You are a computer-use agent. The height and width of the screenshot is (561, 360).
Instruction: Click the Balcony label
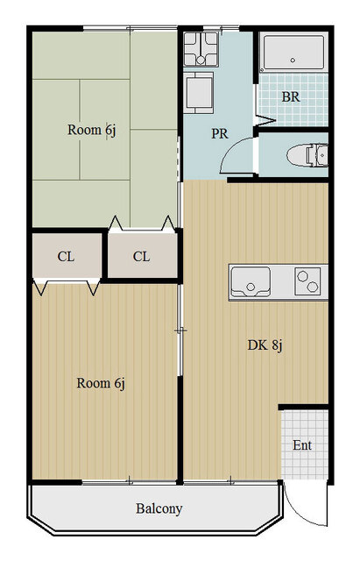159,508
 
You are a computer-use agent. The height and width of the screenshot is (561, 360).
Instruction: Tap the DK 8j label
265,345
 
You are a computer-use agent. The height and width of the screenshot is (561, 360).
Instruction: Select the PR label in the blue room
220,133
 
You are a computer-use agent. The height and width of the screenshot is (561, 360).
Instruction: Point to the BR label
291,97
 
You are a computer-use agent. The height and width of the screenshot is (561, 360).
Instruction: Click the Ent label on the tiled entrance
302,445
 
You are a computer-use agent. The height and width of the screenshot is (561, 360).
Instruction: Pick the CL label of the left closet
67,257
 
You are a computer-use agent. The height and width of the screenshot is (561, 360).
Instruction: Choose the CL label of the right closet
141,257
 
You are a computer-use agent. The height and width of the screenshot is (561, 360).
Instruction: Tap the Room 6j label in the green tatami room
92,130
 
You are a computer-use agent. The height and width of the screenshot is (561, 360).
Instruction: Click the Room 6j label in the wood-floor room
101,383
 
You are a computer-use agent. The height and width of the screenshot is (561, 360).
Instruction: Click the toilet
307,155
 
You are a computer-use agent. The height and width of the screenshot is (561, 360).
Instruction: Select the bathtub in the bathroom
293,53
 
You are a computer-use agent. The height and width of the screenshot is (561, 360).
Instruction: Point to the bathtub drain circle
293,60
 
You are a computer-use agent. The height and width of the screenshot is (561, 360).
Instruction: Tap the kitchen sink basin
251,282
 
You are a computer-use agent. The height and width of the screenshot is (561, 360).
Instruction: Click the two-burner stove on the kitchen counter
307,281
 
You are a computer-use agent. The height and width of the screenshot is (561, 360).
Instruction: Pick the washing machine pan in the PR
201,49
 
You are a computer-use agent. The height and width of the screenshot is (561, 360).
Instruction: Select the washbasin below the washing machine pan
199,93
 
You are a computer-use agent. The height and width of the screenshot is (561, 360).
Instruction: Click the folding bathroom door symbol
265,120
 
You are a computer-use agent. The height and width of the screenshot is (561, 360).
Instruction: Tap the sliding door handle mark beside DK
180,331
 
